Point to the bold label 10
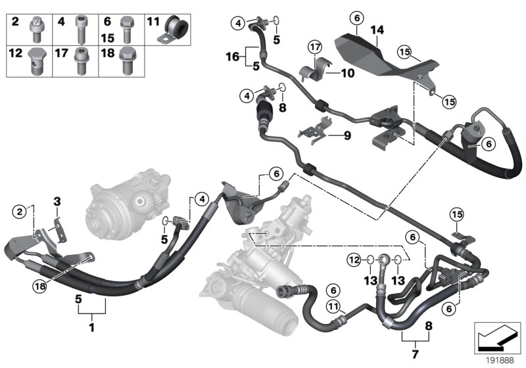pyautogui.click(x=347, y=74)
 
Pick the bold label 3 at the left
pyautogui.click(x=57, y=200)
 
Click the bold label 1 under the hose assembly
pyautogui.click(x=92, y=327)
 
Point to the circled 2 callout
pyautogui.click(x=20, y=210)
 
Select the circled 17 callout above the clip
pyautogui.click(x=315, y=47)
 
